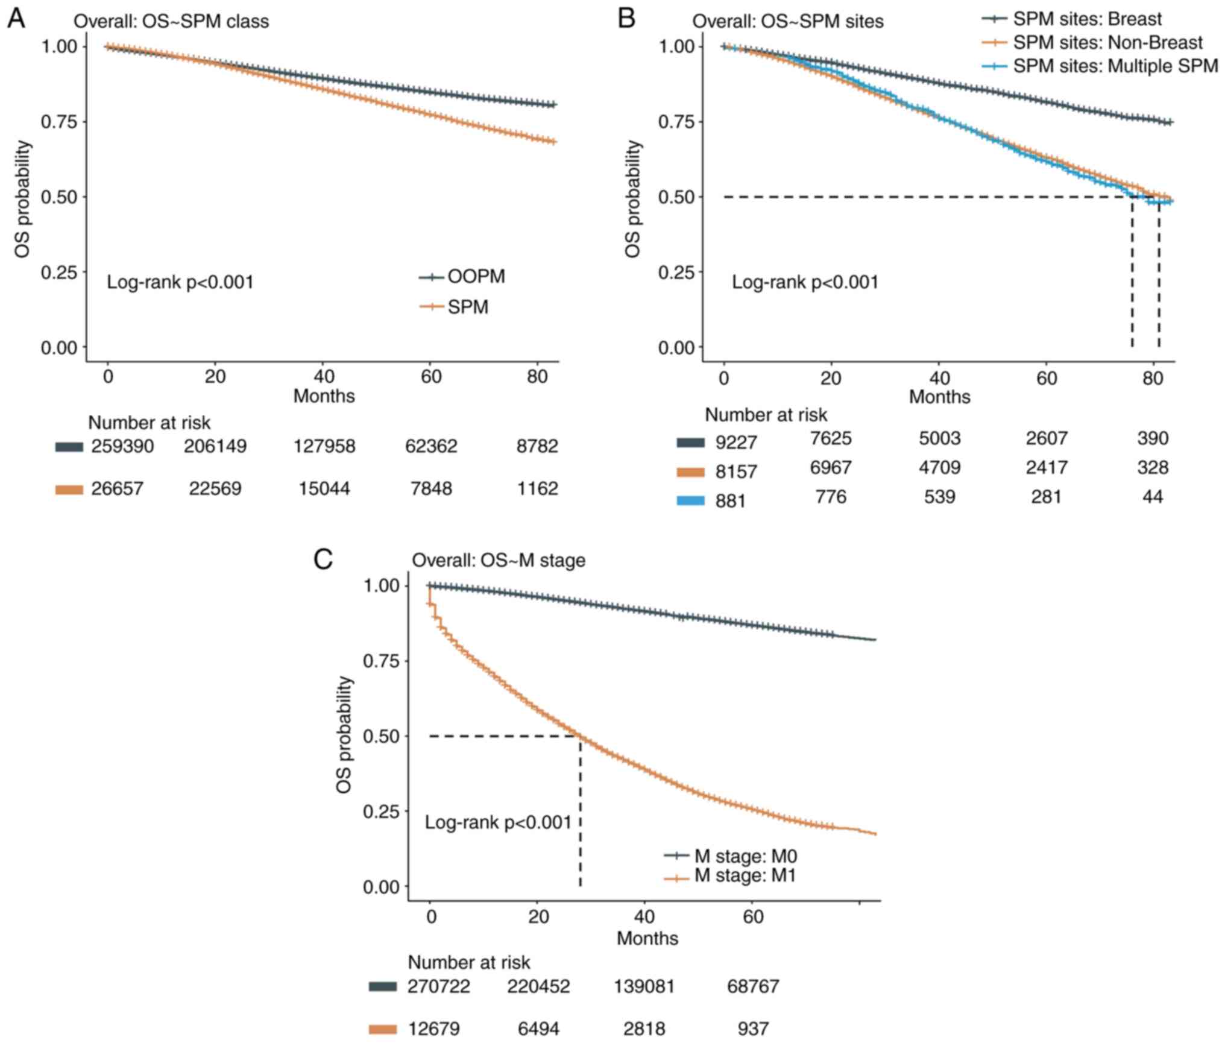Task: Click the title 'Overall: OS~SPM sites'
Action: click(x=787, y=22)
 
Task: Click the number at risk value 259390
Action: click(x=122, y=447)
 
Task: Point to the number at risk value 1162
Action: click(x=537, y=488)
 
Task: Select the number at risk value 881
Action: click(x=731, y=501)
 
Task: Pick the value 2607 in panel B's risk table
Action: click(x=1047, y=438)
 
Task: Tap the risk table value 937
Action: click(x=753, y=1028)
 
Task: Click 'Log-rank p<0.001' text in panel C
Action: click(x=498, y=822)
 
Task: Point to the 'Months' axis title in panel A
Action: click(x=324, y=396)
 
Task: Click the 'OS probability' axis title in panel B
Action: click(x=632, y=200)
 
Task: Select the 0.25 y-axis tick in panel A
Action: click(x=59, y=273)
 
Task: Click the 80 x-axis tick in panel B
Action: click(x=1153, y=378)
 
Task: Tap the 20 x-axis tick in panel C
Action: click(x=538, y=917)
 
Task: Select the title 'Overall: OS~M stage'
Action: click(x=499, y=561)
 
